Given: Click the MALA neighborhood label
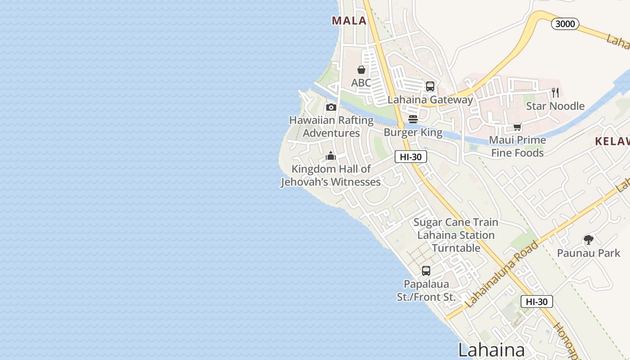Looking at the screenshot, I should click(349, 21).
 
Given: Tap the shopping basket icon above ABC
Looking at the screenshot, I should click(361, 70).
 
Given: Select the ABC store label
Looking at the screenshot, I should click(361, 83).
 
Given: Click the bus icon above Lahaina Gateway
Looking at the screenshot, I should click(430, 86).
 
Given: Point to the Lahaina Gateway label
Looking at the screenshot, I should click(430, 100).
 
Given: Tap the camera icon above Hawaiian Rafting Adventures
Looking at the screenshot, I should click(331, 107).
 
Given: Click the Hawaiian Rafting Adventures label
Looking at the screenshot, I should click(331, 127).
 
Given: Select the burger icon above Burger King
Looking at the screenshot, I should click(413, 119).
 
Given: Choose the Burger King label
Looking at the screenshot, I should click(413, 133).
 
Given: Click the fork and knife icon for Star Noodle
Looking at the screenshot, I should click(555, 93).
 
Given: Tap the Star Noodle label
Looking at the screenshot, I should click(555, 106).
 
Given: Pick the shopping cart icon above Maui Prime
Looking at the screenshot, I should click(517, 127).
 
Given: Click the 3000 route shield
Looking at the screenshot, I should click(565, 24).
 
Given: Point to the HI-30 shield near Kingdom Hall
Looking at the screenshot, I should click(410, 157).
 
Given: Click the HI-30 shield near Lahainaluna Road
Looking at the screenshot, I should click(536, 301).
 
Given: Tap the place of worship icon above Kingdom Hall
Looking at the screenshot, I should click(331, 156).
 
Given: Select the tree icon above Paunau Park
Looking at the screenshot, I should click(588, 240).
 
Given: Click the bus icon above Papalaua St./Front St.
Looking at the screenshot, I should click(426, 271).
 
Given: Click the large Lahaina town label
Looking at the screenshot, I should click(491, 350).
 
